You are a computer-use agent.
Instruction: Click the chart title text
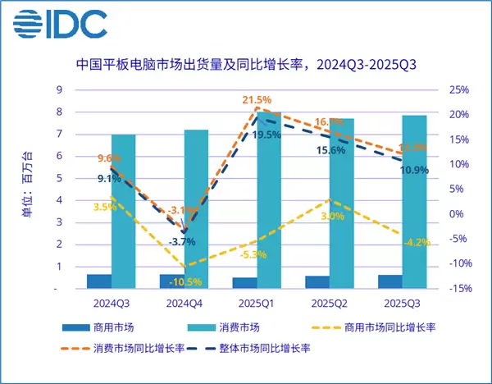(246, 64)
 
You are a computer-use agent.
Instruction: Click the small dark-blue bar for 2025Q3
(390, 281)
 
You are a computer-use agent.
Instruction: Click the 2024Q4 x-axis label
(181, 303)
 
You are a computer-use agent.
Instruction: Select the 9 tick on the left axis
(57, 89)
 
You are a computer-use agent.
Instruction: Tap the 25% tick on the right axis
(460, 89)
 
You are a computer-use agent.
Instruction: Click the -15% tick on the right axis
(460, 289)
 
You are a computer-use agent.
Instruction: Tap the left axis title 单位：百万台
(27, 189)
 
